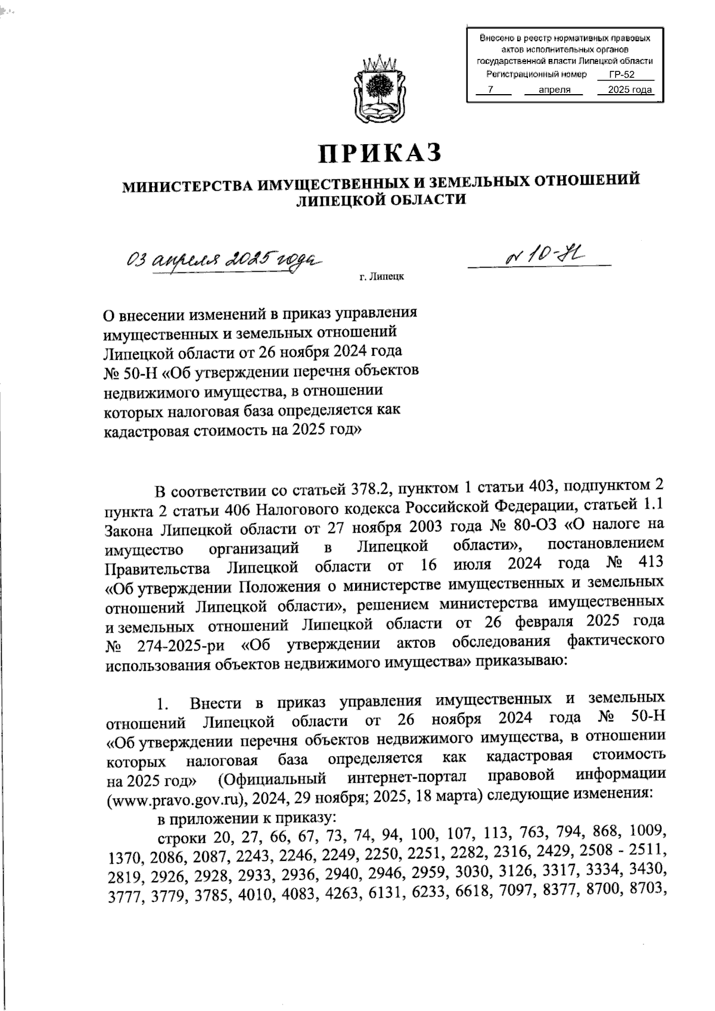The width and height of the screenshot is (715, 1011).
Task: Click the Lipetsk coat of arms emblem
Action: pos(380,88)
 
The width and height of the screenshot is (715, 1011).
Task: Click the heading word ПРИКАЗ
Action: pos(382,153)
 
